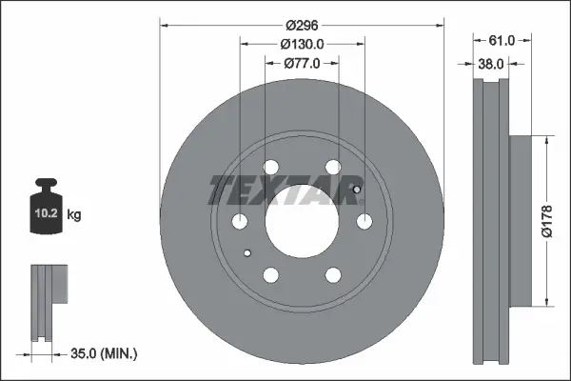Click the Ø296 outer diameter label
click(x=302, y=26)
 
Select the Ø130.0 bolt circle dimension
click(x=302, y=45)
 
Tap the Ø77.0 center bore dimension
click(x=302, y=64)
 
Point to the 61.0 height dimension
click(x=502, y=40)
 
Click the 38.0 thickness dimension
click(x=490, y=64)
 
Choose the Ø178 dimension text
click(x=547, y=221)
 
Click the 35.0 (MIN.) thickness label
click(x=104, y=353)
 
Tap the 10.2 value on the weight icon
click(x=47, y=213)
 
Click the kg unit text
click(x=74, y=214)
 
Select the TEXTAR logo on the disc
click(x=285, y=190)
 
